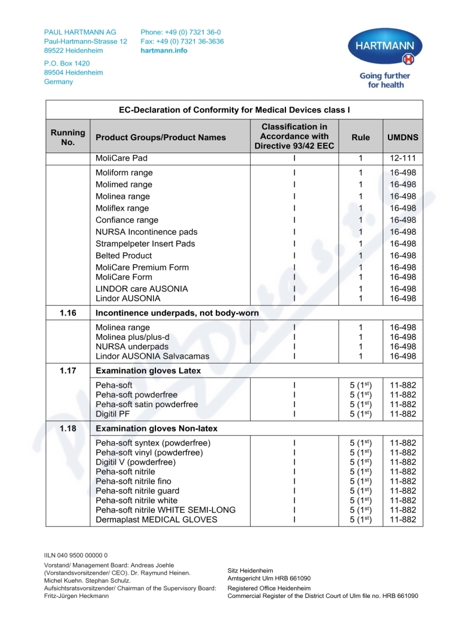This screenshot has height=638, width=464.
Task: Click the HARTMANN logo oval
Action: pos(385,47)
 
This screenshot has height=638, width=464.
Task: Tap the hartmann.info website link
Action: pos(164,50)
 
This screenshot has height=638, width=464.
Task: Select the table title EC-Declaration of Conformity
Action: pos(234,110)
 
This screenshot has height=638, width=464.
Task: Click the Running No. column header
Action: pos(68,137)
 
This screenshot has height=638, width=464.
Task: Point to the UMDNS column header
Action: pos(403,137)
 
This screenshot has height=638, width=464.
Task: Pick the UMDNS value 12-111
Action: pos(403,158)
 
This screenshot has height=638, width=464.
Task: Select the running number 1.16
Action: pos(68,313)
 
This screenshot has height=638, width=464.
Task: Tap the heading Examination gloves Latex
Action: pos(148,371)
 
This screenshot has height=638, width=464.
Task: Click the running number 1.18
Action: pos(68,429)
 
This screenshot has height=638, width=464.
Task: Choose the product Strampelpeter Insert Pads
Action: pos(145,244)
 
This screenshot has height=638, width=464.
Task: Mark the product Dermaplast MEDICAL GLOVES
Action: pos(157,520)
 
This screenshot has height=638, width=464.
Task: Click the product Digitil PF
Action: pos(113,414)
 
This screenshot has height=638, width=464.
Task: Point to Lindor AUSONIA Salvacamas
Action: pos(153,356)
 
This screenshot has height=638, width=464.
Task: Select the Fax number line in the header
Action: pos(182,42)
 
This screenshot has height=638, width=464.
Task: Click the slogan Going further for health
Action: pos(385,80)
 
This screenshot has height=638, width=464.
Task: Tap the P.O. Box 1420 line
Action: pos(67,63)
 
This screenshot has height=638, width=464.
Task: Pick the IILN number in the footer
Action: pos(76,555)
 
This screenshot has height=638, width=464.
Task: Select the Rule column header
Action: pos(361,137)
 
